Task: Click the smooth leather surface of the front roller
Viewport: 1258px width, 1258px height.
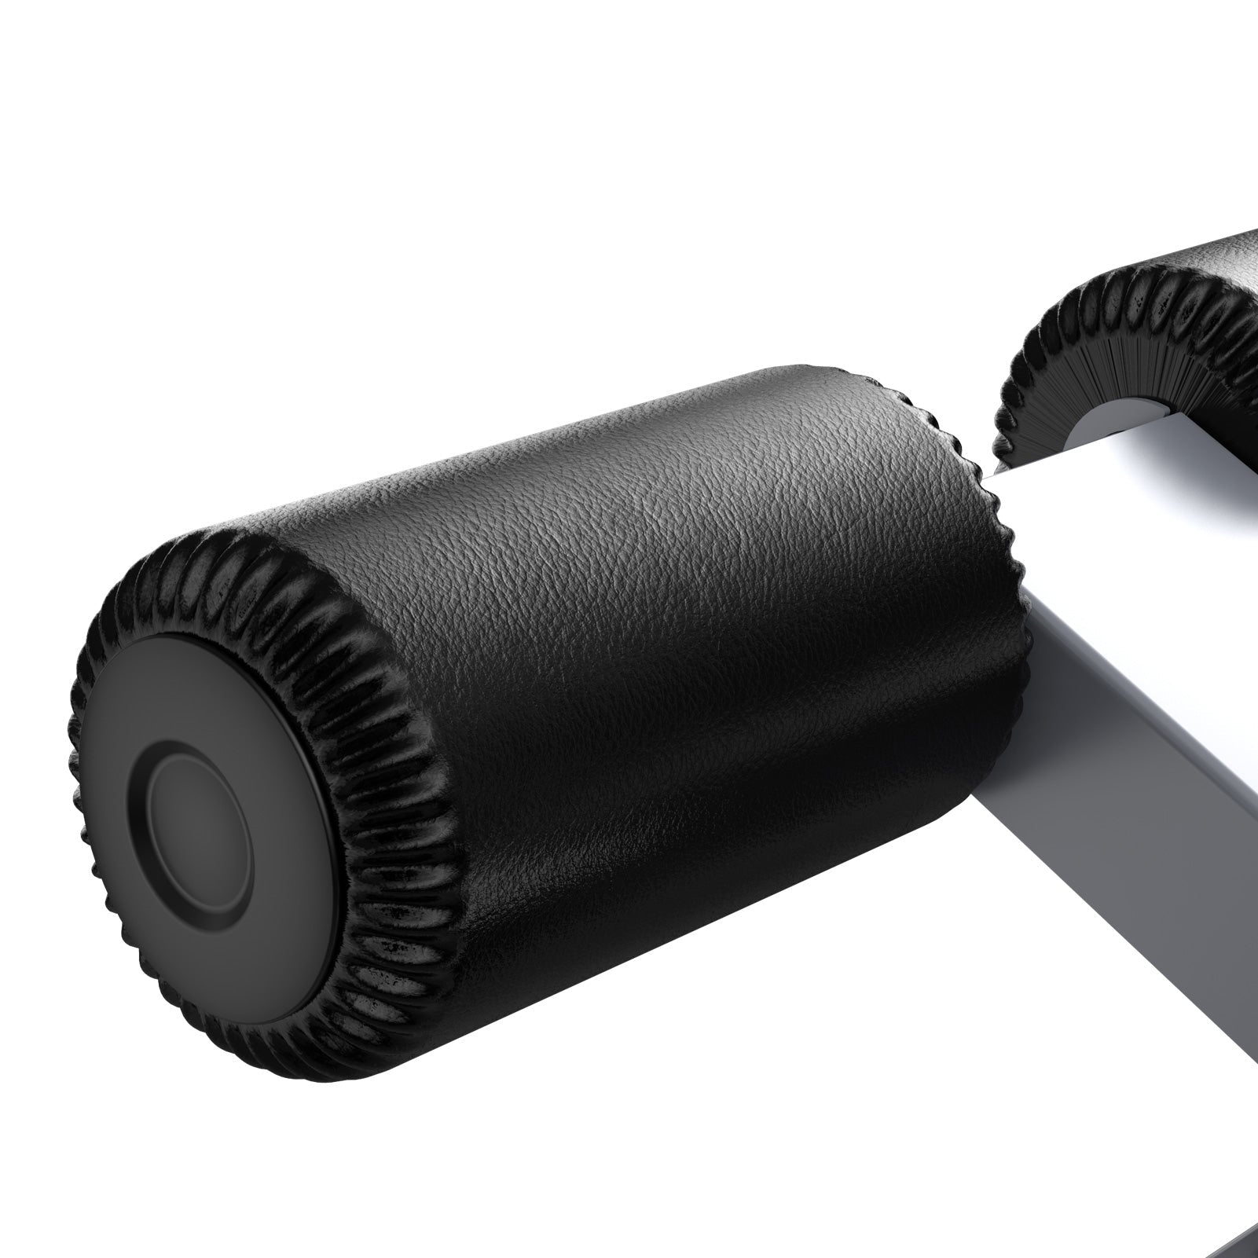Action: coord(668,629)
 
